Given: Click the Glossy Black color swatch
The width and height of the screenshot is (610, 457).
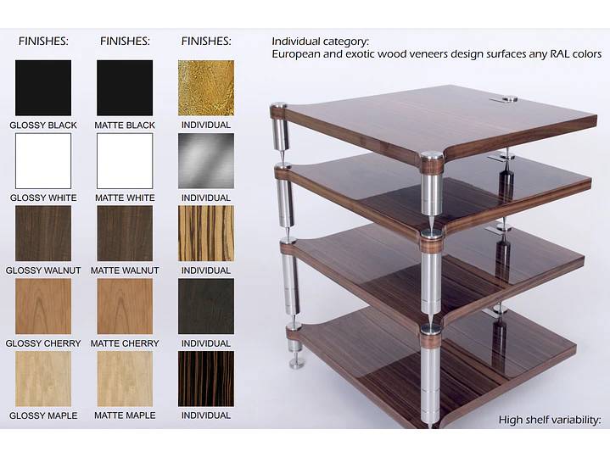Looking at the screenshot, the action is point(43,87).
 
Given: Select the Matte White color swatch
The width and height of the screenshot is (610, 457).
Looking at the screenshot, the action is point(125,160).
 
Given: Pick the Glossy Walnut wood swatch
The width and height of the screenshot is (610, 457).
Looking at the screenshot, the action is point(43,233).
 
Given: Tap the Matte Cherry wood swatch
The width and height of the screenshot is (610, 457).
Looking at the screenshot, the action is point(125,306).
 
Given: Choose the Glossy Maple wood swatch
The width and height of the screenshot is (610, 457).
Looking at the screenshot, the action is point(43,379).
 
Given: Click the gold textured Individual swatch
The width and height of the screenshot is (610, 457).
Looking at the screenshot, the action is point(206,87).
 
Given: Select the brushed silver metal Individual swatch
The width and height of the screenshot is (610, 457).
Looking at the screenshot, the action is point(206,160).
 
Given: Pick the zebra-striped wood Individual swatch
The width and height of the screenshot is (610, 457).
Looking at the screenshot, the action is point(206,233).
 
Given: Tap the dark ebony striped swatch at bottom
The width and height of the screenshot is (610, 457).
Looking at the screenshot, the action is point(206,379).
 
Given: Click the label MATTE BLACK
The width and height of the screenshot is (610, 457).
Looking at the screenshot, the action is point(125,125).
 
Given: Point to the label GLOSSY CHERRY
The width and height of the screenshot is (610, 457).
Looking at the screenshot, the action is point(43,343).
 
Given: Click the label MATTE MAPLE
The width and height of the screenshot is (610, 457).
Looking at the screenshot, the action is point(125,415).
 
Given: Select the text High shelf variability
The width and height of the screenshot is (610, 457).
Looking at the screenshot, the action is point(550,420).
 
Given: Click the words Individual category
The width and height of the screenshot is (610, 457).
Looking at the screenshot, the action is point(320,42).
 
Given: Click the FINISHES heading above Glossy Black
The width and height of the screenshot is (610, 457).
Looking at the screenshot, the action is point(43,42).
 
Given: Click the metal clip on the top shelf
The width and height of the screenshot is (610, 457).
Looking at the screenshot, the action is point(504,100).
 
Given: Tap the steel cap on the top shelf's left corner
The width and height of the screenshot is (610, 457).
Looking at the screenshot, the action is point(278,105).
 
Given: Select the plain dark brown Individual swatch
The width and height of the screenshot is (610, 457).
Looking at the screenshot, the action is point(206,306).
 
